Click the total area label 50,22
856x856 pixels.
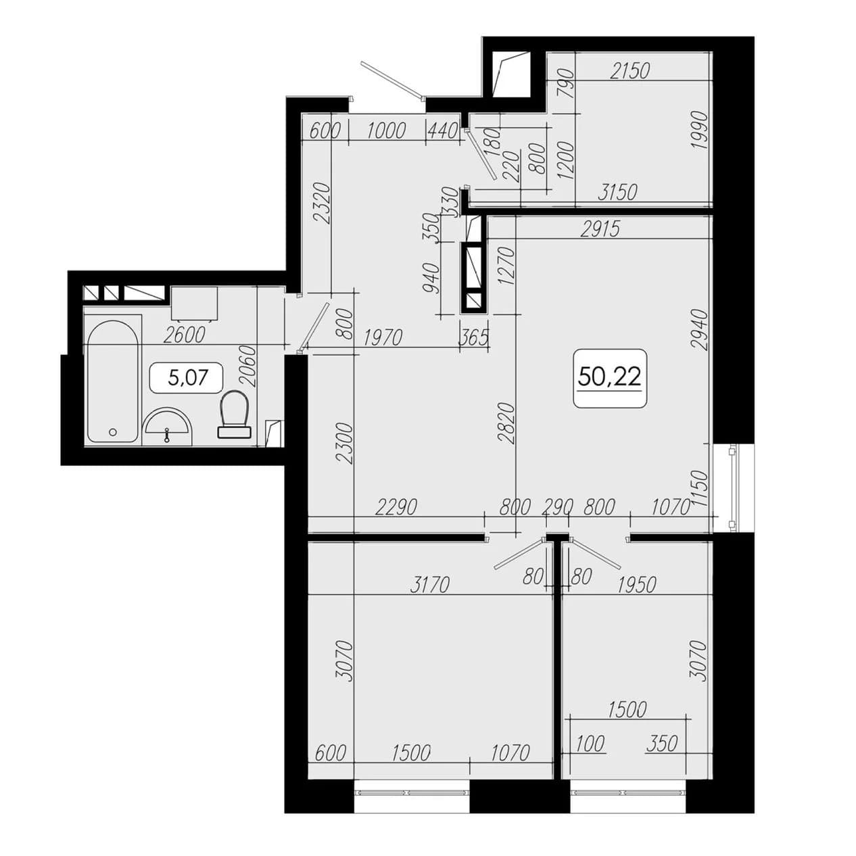pyautogui.click(x=609, y=377)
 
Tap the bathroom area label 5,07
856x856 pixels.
pyautogui.click(x=189, y=377)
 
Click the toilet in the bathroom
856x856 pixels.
pyautogui.click(x=234, y=414)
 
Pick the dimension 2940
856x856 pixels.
pyautogui.click(x=698, y=330)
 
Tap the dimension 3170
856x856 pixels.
pyautogui.click(x=429, y=585)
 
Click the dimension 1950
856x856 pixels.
pyautogui.click(x=636, y=585)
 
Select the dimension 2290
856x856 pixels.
pyautogui.click(x=396, y=507)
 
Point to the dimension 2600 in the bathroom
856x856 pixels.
pyautogui.click(x=185, y=335)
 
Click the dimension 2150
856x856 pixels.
pyautogui.click(x=630, y=70)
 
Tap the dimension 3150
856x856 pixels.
pyautogui.click(x=617, y=191)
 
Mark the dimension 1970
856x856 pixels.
pyautogui.click(x=383, y=337)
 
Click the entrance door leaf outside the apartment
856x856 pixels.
pyautogui.click(x=393, y=80)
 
